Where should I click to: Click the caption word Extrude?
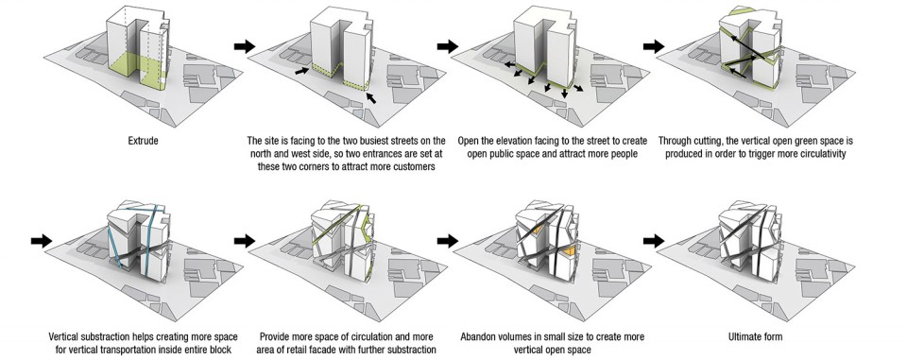(x=143, y=141)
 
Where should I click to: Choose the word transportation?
(x=176, y=350)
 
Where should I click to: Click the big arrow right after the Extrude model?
(x=245, y=46)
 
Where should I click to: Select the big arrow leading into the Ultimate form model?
(x=654, y=240)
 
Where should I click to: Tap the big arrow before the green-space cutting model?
(x=654, y=46)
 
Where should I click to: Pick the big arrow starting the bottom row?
(x=42, y=240)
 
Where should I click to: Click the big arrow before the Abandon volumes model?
(x=448, y=240)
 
